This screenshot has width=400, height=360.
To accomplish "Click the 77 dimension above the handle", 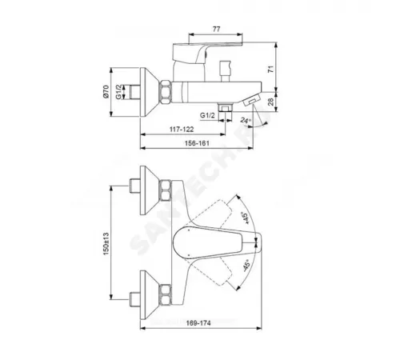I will [x=217, y=29].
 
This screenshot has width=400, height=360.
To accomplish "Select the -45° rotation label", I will [x=242, y=266].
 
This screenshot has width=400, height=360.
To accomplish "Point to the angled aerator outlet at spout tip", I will [x=251, y=102].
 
